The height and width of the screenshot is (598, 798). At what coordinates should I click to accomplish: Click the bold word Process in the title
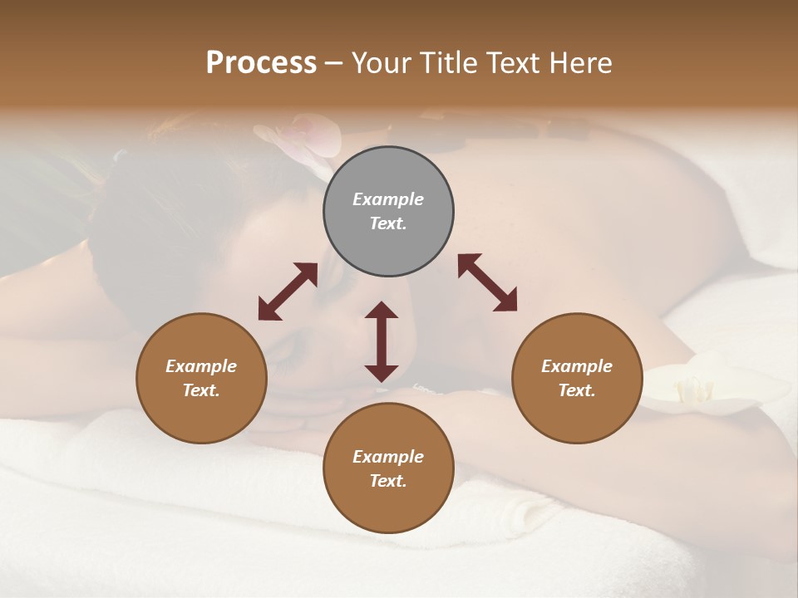[x=261, y=63]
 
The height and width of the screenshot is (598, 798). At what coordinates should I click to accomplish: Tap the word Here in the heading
[x=579, y=63]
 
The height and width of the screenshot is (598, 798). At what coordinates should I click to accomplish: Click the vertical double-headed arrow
[x=382, y=341]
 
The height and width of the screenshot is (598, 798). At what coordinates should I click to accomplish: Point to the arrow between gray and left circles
[x=288, y=292]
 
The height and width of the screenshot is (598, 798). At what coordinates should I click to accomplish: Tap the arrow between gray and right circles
[x=487, y=283]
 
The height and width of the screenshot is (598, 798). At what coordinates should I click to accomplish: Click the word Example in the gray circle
[x=388, y=199]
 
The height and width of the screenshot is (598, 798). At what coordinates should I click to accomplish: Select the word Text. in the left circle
[x=201, y=390]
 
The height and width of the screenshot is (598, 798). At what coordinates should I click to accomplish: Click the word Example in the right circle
[x=577, y=366]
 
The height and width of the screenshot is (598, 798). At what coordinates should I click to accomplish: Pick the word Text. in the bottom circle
[x=388, y=481]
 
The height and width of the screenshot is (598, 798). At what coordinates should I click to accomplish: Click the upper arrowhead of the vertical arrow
[x=382, y=311]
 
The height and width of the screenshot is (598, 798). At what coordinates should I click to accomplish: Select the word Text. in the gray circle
[x=388, y=223]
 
